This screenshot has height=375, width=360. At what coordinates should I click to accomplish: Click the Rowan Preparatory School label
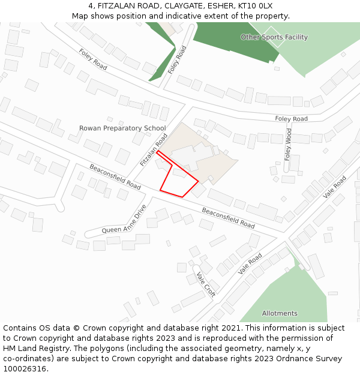pyautogui.click(x=122, y=128)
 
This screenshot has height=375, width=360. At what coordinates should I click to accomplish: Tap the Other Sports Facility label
pyautogui.click(x=274, y=37)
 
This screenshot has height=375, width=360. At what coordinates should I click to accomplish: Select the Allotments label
pyautogui.click(x=280, y=313)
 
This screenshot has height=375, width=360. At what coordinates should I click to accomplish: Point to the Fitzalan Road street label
pyautogui.click(x=154, y=150)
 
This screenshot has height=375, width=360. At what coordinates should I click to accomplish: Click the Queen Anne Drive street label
pyautogui.click(x=124, y=220)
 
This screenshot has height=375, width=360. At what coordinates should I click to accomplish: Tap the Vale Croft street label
pyautogui.click(x=206, y=283)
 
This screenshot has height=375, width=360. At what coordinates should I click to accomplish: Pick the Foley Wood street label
pyautogui.click(x=289, y=144)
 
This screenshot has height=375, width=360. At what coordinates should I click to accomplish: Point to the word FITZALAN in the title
pyautogui.click(x=116, y=6)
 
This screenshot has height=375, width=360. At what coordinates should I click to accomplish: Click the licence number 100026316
pyautogui.click(x=25, y=369)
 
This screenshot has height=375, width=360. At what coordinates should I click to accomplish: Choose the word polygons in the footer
pyautogui.click(x=110, y=349)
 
